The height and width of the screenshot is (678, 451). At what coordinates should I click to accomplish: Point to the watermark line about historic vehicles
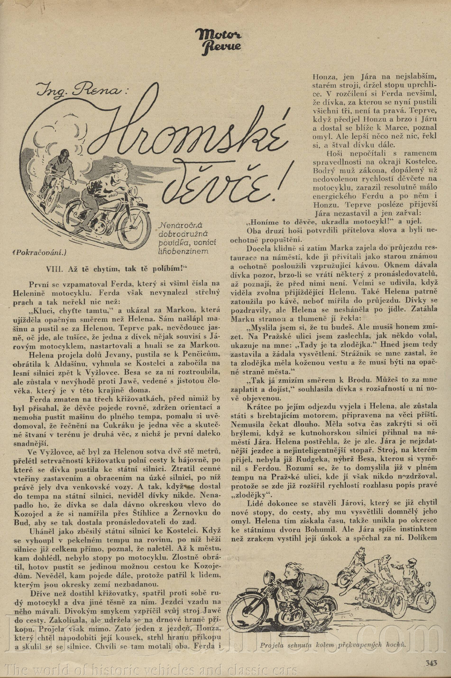coord(150,661)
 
